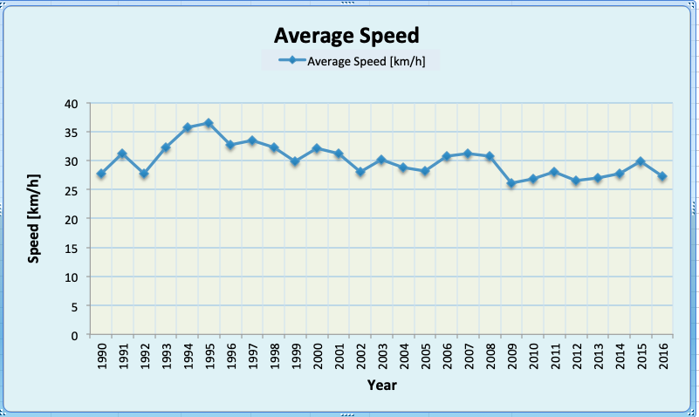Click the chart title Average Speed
347,36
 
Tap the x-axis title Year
381,384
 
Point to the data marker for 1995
209,124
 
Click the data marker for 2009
511,183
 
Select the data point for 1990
101,174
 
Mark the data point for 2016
662,176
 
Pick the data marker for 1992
144,174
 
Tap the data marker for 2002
360,172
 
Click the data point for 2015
641,161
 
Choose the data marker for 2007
468,154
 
